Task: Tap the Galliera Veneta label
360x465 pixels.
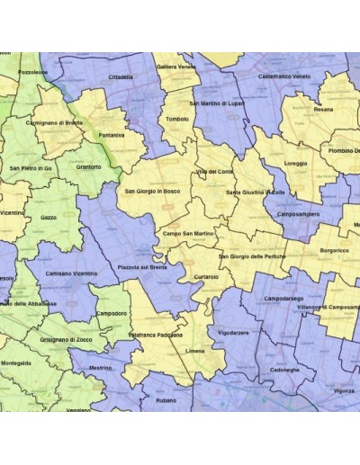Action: point(176,67)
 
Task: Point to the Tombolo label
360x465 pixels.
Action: point(178,119)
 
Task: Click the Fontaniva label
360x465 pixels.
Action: point(112,136)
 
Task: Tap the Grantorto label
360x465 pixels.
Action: point(89,166)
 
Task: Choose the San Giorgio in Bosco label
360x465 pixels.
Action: point(154,192)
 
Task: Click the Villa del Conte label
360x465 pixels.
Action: point(214,171)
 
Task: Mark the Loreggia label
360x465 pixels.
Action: point(295,164)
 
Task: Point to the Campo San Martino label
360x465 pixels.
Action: point(187,234)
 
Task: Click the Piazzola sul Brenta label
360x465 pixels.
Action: point(142,268)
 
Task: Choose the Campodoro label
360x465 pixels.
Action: point(112,313)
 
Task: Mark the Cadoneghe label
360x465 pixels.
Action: point(284,370)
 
